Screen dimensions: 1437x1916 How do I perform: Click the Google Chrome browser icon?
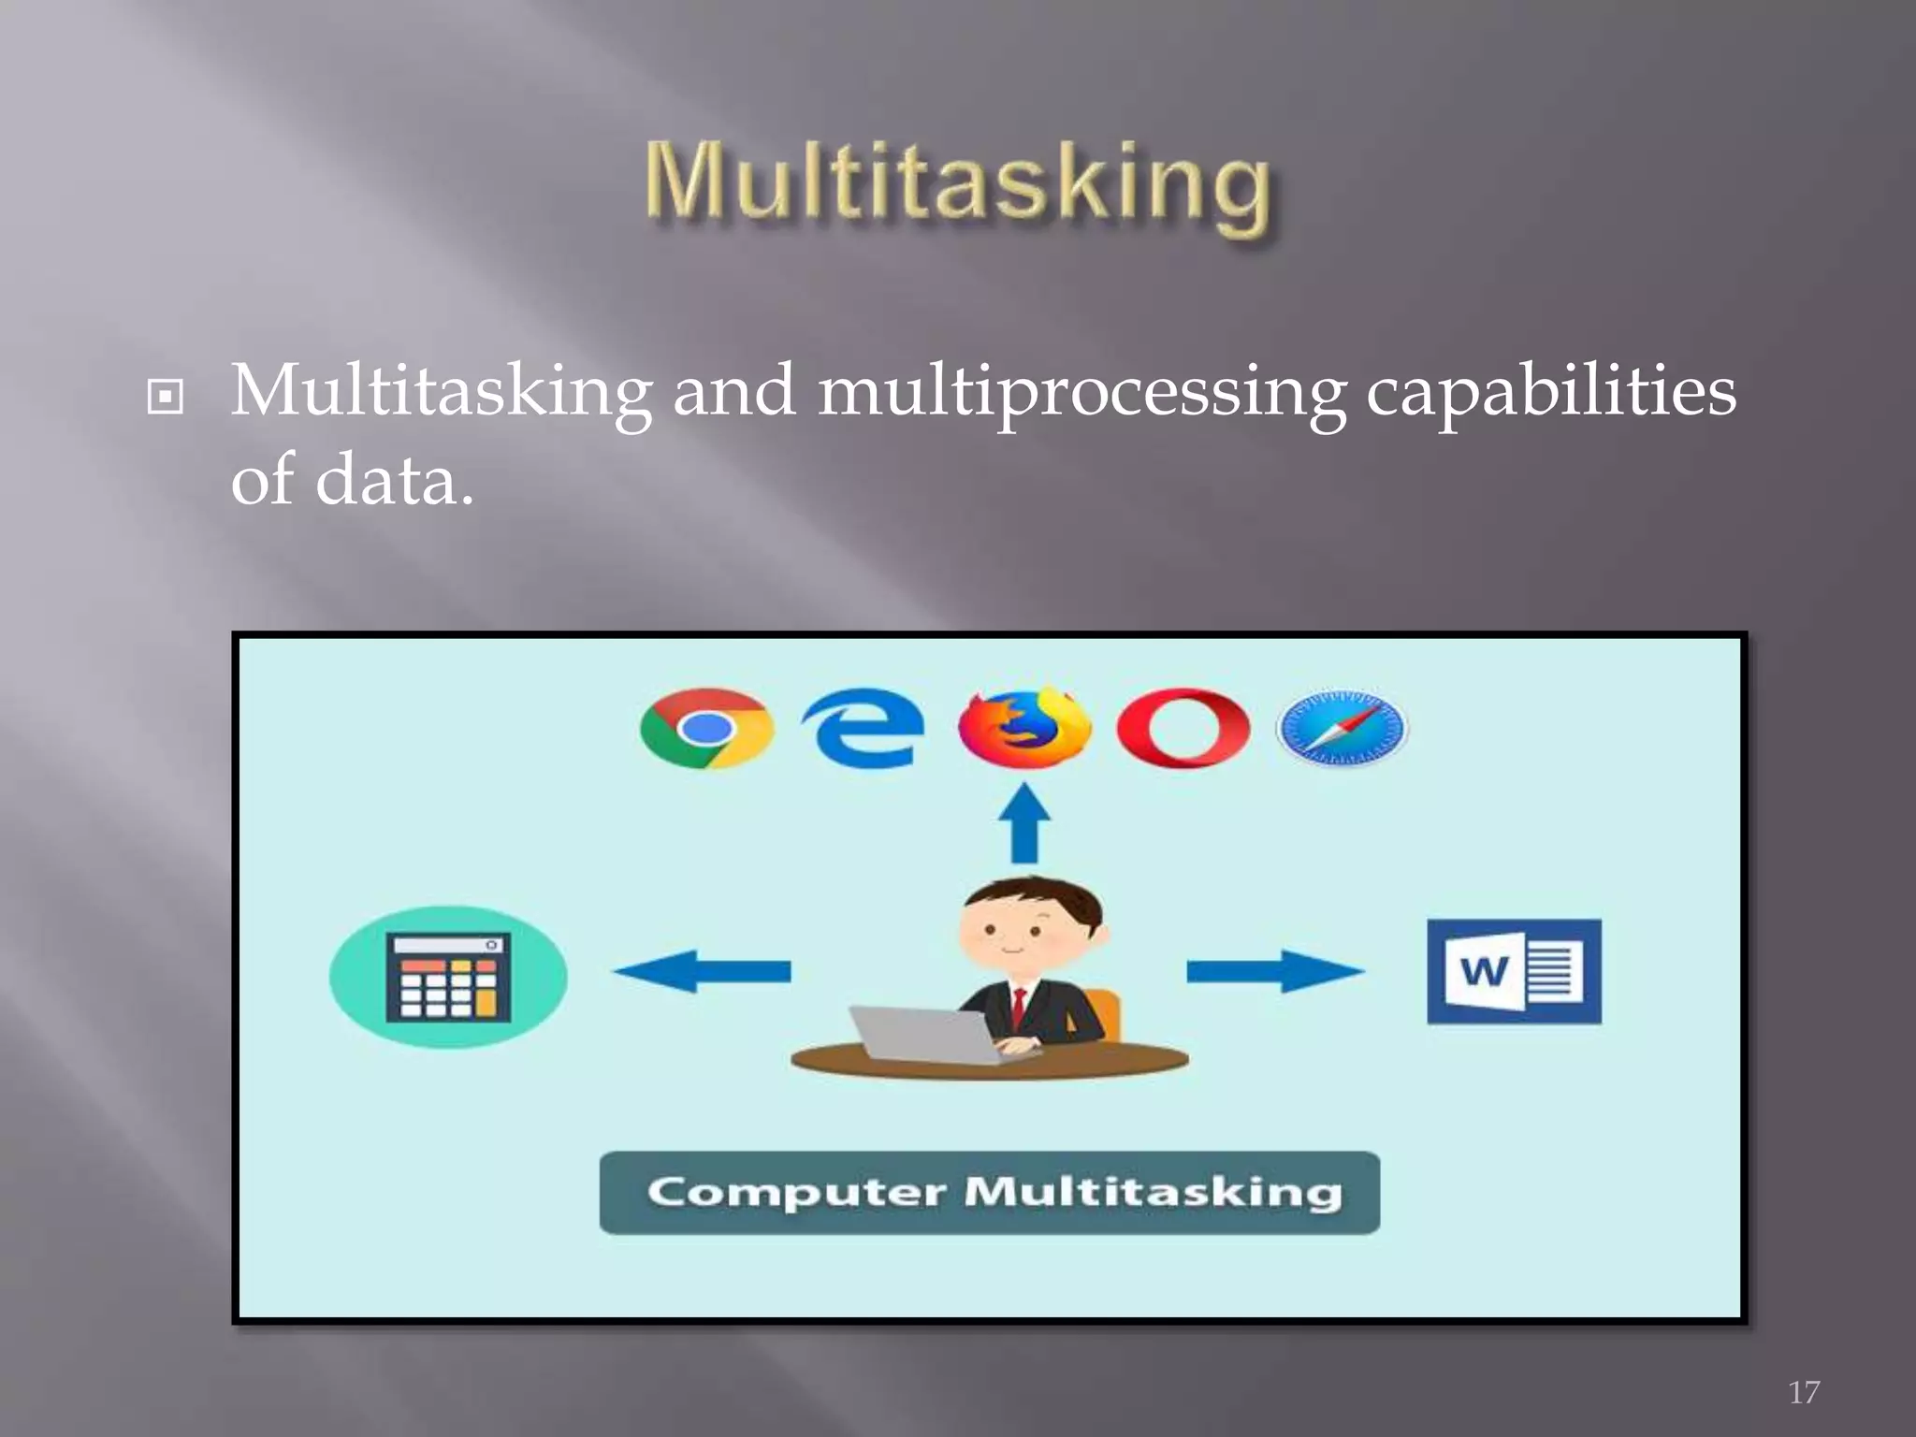point(706,729)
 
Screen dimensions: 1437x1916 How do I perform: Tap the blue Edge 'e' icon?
point(863,729)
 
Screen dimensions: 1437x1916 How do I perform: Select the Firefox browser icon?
point(1023,729)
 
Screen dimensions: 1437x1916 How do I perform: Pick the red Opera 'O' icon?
point(1183,729)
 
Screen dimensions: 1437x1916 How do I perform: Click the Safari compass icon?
point(1342,729)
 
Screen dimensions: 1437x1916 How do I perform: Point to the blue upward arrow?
point(1024,823)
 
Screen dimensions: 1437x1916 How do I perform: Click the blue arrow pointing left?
point(702,971)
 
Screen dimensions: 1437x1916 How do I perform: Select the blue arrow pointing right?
point(1274,971)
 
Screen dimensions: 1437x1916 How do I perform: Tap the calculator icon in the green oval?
point(448,977)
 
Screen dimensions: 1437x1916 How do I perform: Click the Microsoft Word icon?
point(1514,971)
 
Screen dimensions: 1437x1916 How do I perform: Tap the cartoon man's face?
point(1015,931)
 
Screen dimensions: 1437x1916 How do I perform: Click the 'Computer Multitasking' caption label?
point(990,1193)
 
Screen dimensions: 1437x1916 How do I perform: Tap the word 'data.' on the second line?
point(393,480)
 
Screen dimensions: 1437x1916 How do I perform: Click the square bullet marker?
point(166,398)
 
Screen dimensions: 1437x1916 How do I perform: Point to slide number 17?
point(1804,1392)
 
